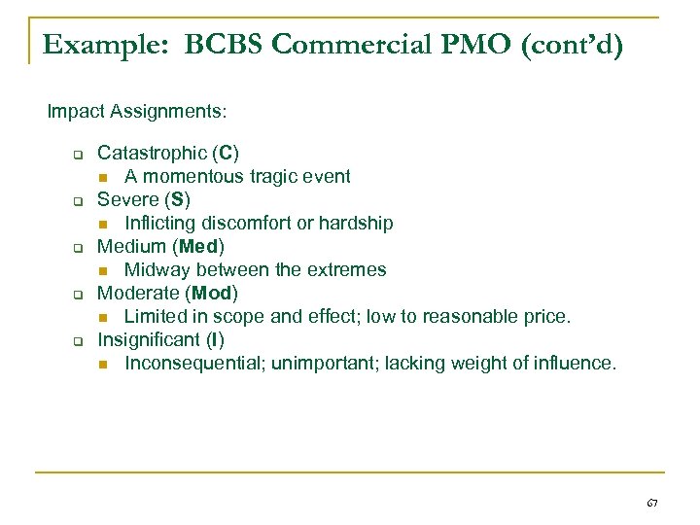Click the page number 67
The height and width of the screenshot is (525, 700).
click(651, 504)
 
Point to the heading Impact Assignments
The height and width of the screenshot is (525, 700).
click(137, 112)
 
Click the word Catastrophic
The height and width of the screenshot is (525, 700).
click(153, 153)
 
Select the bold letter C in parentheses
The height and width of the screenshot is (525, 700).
click(226, 153)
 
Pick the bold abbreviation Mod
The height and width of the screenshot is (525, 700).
click(213, 293)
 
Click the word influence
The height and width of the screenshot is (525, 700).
click(574, 363)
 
